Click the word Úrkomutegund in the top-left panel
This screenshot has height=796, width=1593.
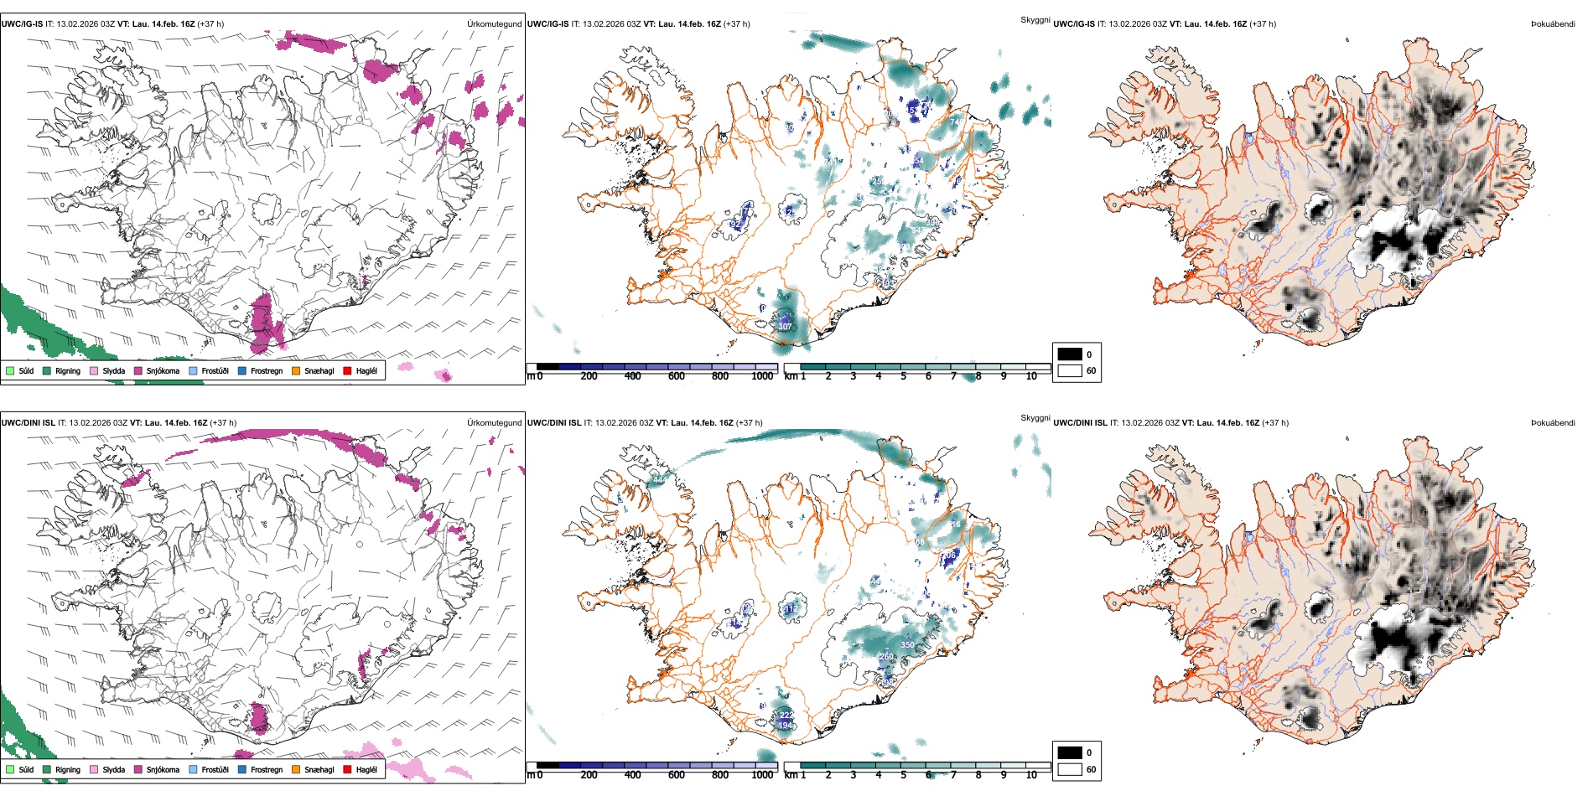tap(494, 24)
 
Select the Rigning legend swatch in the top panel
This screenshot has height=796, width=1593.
tap(47, 370)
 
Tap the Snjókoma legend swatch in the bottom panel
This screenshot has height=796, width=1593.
tap(138, 769)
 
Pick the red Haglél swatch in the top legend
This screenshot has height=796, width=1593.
tap(348, 370)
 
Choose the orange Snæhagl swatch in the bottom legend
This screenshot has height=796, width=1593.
tap(296, 769)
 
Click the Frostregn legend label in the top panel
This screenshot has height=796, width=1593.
tap(266, 371)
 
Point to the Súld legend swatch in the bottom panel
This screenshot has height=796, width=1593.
tap(10, 769)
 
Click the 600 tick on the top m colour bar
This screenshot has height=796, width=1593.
tap(677, 376)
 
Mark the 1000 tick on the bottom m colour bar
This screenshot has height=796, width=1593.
tap(762, 775)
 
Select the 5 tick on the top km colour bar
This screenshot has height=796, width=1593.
tap(903, 376)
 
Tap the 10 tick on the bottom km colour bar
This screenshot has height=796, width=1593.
tap(1031, 775)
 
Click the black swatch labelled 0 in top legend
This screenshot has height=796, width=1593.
tap(1070, 354)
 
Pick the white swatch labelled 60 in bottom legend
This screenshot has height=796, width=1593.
tap(1070, 769)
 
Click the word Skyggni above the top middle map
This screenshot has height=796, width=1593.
tap(1035, 20)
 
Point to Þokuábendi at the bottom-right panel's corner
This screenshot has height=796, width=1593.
tap(1553, 423)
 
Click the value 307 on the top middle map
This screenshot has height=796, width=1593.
tap(785, 327)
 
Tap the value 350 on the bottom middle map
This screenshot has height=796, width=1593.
tap(907, 645)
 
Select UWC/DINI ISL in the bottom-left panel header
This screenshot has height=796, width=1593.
tap(28, 423)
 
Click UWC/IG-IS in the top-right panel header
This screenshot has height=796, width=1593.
tap(1074, 24)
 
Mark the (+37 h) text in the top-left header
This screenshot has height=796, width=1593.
tap(210, 24)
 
